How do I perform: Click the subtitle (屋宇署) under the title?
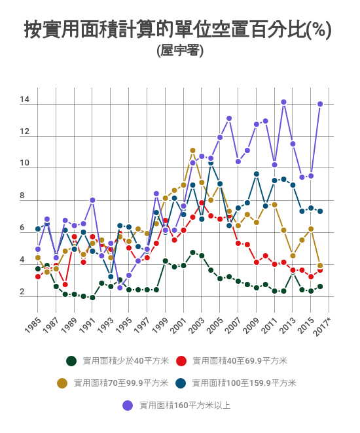(180, 50)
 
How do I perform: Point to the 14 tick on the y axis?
(25, 100)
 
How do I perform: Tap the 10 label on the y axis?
(25, 164)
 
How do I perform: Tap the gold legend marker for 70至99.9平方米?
(63, 383)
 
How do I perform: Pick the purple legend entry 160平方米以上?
(185, 405)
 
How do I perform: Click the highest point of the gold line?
(192, 150)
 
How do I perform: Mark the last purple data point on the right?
(320, 104)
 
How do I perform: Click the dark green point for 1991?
(92, 298)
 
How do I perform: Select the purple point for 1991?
(92, 200)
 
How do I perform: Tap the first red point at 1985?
(38, 277)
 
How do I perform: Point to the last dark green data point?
(320, 286)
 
